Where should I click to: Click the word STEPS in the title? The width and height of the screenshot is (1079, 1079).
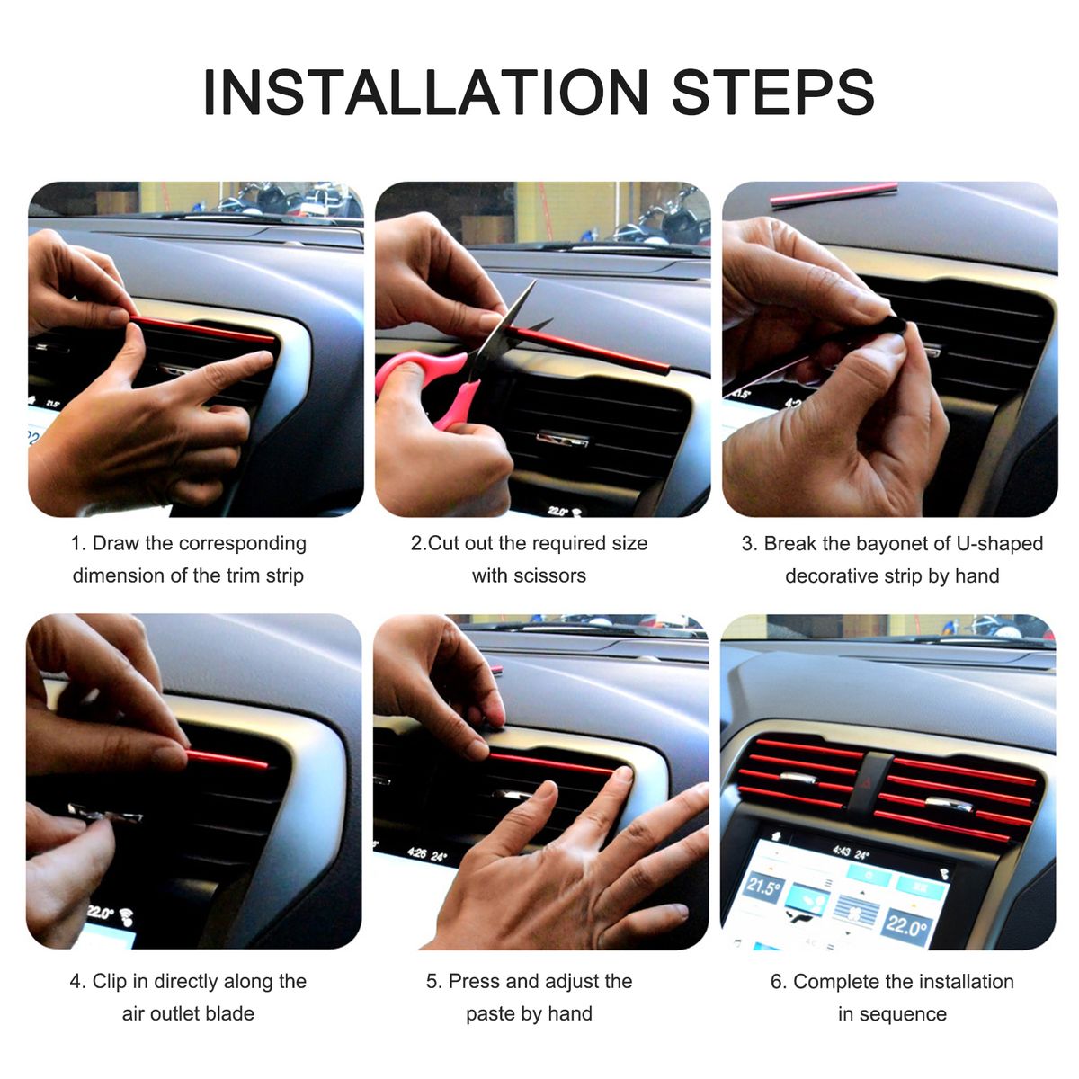(772, 92)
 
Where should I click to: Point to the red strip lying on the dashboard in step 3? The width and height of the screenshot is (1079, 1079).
(834, 195)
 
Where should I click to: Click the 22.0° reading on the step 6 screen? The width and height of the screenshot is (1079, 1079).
(907, 925)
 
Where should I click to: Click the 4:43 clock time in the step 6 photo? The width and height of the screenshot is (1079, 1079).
(843, 852)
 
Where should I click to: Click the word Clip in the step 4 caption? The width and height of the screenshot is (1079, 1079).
(110, 981)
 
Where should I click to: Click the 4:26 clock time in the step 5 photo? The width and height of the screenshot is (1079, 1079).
(418, 852)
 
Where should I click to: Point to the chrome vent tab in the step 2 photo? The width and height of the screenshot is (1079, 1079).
(562, 439)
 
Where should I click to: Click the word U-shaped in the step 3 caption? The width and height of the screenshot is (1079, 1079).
(1000, 544)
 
